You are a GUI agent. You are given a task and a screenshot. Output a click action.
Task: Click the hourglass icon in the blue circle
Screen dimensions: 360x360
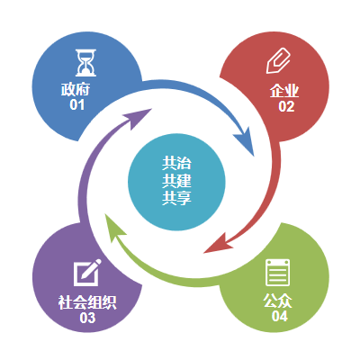pos(85,62)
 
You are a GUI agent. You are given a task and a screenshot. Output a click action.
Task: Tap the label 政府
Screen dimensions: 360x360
pos(76,89)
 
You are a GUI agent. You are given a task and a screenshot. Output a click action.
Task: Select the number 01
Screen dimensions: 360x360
pos(77,104)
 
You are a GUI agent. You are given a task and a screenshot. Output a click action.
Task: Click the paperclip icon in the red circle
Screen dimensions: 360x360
pos(278,60)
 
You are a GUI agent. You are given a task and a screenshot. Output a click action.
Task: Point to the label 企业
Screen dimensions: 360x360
pos(284,91)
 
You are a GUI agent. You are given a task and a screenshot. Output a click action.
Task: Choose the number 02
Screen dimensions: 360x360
pos(286,106)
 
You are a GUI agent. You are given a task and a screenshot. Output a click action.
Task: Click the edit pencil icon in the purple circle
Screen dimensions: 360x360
pos(87,273)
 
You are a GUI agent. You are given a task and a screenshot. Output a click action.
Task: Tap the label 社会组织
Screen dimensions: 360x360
pos(87,302)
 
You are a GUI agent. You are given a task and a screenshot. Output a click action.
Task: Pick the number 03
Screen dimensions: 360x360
pos(87,318)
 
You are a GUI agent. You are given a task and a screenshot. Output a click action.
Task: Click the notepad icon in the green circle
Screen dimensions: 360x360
pos(278,273)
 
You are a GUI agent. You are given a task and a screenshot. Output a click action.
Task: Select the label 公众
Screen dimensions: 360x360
pos(278,301)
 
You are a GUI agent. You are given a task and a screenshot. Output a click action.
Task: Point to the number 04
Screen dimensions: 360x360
pos(280,316)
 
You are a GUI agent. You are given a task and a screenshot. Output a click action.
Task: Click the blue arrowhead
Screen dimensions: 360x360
pos(246,140)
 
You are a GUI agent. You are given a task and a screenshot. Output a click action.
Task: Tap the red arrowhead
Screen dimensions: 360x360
pos(219,244)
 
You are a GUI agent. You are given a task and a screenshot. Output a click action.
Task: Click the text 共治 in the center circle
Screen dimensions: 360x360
pos(176,164)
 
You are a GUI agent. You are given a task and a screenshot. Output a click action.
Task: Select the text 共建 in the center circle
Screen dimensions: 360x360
pos(176,181)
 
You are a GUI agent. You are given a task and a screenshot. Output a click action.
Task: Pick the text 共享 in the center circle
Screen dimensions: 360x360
pos(176,198)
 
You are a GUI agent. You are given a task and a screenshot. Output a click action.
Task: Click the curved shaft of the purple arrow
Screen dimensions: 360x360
pos(87,168)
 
